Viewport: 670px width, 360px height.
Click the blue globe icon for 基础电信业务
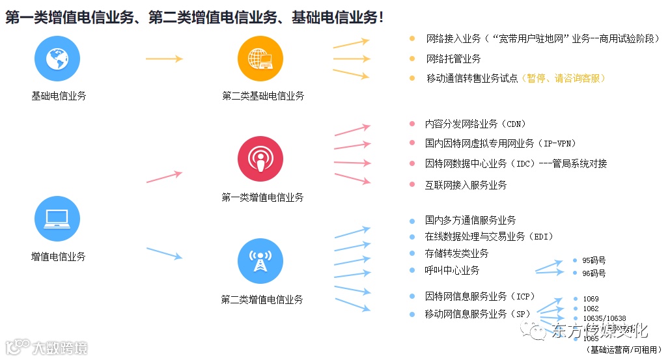57,59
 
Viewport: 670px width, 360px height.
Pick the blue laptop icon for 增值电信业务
57,219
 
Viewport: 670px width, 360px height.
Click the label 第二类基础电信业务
263,96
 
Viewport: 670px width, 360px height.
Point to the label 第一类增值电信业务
262,197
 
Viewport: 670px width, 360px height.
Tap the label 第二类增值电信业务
262,299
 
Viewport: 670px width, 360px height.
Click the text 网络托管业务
453,59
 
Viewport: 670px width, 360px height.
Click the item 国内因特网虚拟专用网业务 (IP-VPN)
500,143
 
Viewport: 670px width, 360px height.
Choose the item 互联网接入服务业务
466,185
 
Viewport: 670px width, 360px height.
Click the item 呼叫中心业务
452,270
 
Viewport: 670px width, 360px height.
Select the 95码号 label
594,260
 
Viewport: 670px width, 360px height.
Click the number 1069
591,299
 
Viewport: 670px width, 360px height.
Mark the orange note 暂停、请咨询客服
565,78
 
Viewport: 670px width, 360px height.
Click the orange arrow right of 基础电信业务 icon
164,59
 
